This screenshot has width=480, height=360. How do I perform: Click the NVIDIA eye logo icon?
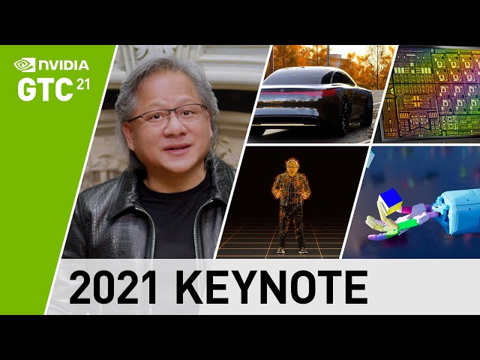[x=25, y=65]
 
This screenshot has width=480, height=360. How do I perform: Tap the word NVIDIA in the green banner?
[x=63, y=65]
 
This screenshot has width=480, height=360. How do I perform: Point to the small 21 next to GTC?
[x=82, y=84]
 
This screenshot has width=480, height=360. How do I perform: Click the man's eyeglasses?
[x=168, y=116]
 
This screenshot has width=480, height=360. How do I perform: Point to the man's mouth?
[x=177, y=148]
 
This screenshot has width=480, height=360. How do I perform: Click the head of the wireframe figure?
[x=292, y=166]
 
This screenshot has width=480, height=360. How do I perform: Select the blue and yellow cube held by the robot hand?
[x=389, y=202]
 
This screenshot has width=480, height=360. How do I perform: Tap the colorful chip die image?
[x=431, y=93]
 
